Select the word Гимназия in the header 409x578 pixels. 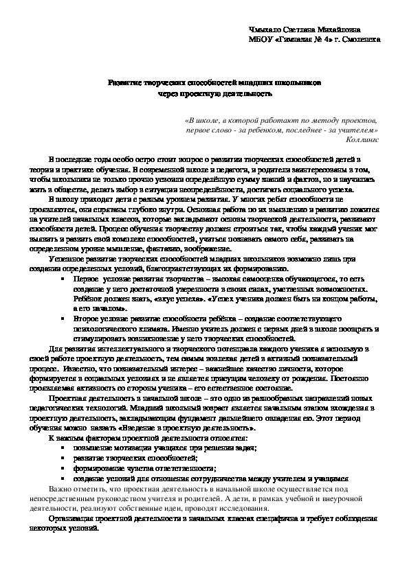288,39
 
